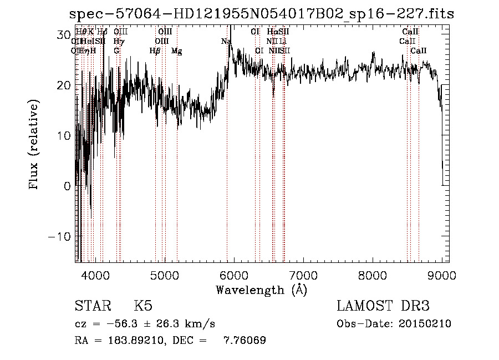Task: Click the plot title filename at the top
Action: click(261, 14)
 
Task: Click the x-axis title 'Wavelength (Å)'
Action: click(261, 290)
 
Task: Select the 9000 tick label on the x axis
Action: click(442, 275)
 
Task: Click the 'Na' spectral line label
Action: click(226, 42)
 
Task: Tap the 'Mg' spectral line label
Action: click(176, 51)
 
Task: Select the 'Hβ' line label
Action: click(155, 51)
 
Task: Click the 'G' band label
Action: click(116, 51)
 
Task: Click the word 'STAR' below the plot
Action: click(92, 306)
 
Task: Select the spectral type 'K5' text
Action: click(143, 306)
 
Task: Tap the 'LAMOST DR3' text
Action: click(383, 306)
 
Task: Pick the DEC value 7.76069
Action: click(245, 341)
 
